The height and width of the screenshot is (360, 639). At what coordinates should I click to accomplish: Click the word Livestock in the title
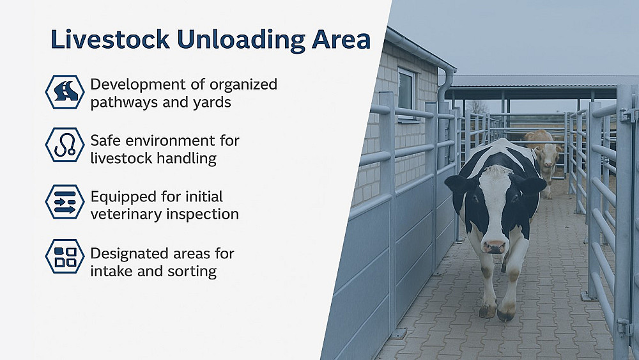click(x=110, y=40)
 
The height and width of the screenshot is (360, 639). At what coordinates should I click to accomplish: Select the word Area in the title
click(x=341, y=40)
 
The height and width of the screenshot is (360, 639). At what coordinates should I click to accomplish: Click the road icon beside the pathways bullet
click(x=65, y=91)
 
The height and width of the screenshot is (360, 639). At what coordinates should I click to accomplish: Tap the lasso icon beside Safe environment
click(x=65, y=145)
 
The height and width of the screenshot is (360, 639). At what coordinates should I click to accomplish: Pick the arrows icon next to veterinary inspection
click(x=65, y=201)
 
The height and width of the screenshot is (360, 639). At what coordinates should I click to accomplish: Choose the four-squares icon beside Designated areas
click(x=65, y=256)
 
